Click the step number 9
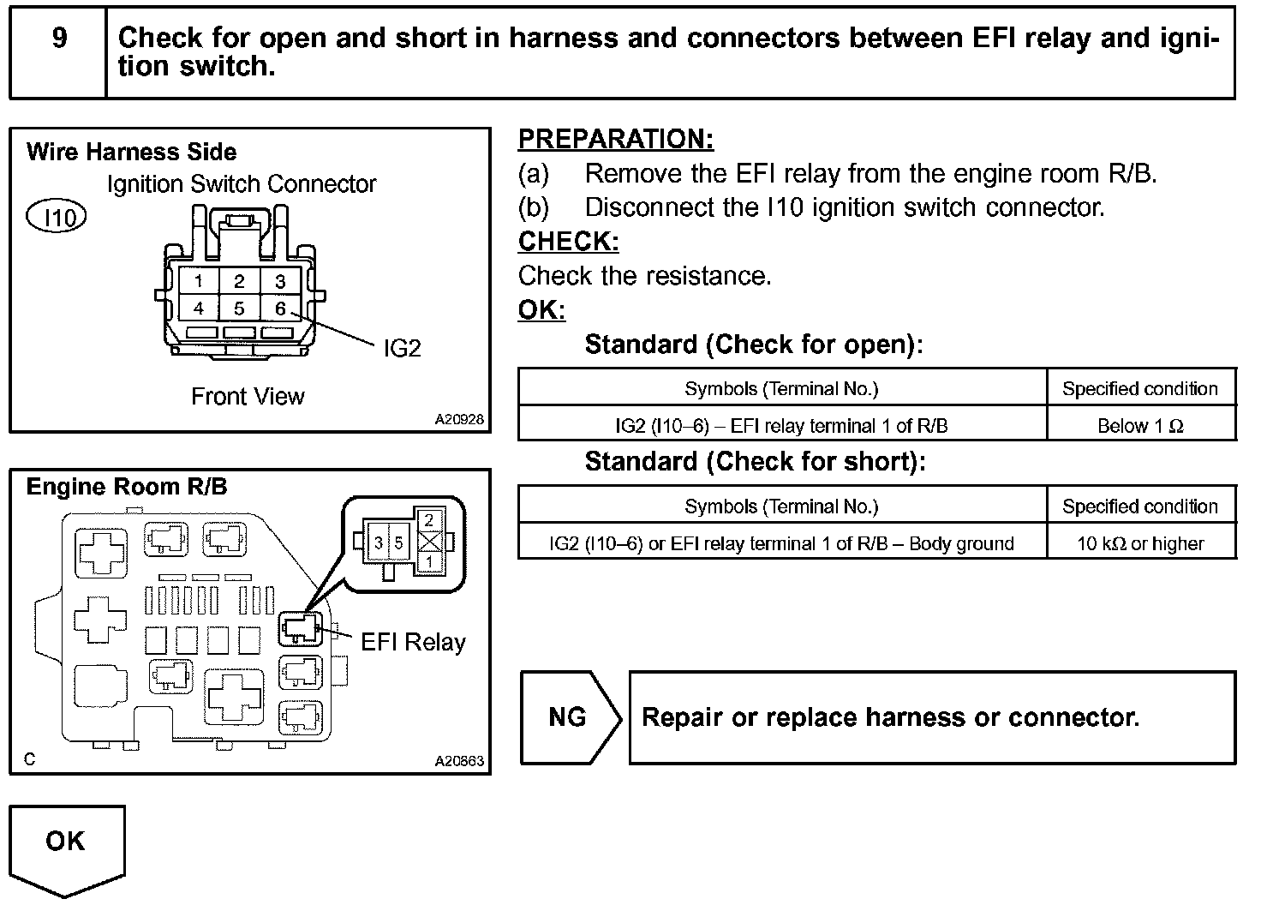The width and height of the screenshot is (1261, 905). pos(59,39)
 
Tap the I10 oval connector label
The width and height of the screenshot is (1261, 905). pos(57,218)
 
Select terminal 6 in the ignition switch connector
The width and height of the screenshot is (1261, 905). pos(280,308)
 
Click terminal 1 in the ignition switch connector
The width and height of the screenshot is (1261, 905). pos(199,281)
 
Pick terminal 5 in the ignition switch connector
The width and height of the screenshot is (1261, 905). pos(239,308)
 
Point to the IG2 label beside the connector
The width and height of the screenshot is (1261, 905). pos(402,348)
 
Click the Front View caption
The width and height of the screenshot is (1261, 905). pos(248,397)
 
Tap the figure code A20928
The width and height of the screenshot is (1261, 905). pos(459,420)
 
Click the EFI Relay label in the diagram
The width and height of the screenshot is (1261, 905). pos(413,642)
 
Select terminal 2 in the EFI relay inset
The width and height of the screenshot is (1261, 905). pos(429,520)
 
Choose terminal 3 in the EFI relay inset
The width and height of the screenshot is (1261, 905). pos(379,543)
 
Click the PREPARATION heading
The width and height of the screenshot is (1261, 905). pos(615,139)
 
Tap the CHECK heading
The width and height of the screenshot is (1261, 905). pos(568,242)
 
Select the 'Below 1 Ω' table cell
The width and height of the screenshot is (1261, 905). pos(1140,426)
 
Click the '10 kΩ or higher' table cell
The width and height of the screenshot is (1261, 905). pos(1140,543)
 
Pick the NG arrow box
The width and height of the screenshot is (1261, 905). pos(569,717)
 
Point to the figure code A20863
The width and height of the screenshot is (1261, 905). pos(459,761)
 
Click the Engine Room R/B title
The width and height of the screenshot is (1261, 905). pos(127,487)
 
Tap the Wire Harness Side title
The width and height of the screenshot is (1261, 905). pos(131,153)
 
